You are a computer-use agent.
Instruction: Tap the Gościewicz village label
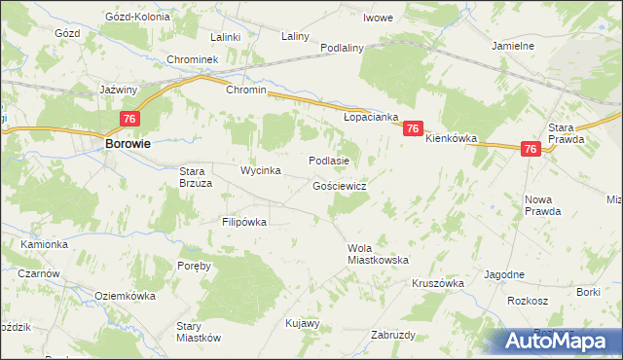pos(339,185)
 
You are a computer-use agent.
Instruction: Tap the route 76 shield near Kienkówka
pos(413,128)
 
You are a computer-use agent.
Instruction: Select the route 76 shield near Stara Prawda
pos(531,149)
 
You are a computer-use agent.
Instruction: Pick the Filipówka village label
pos(243,222)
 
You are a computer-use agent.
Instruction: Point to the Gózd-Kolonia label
pos(137,18)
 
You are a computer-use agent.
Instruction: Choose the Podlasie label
pos(328,161)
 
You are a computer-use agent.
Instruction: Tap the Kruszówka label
pos(434,282)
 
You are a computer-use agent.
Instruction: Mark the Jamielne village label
pos(513,46)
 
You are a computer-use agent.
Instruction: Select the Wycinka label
pos(261,170)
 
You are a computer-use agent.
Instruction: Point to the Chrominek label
pos(197,59)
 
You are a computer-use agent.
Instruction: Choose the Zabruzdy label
pos(393,335)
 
